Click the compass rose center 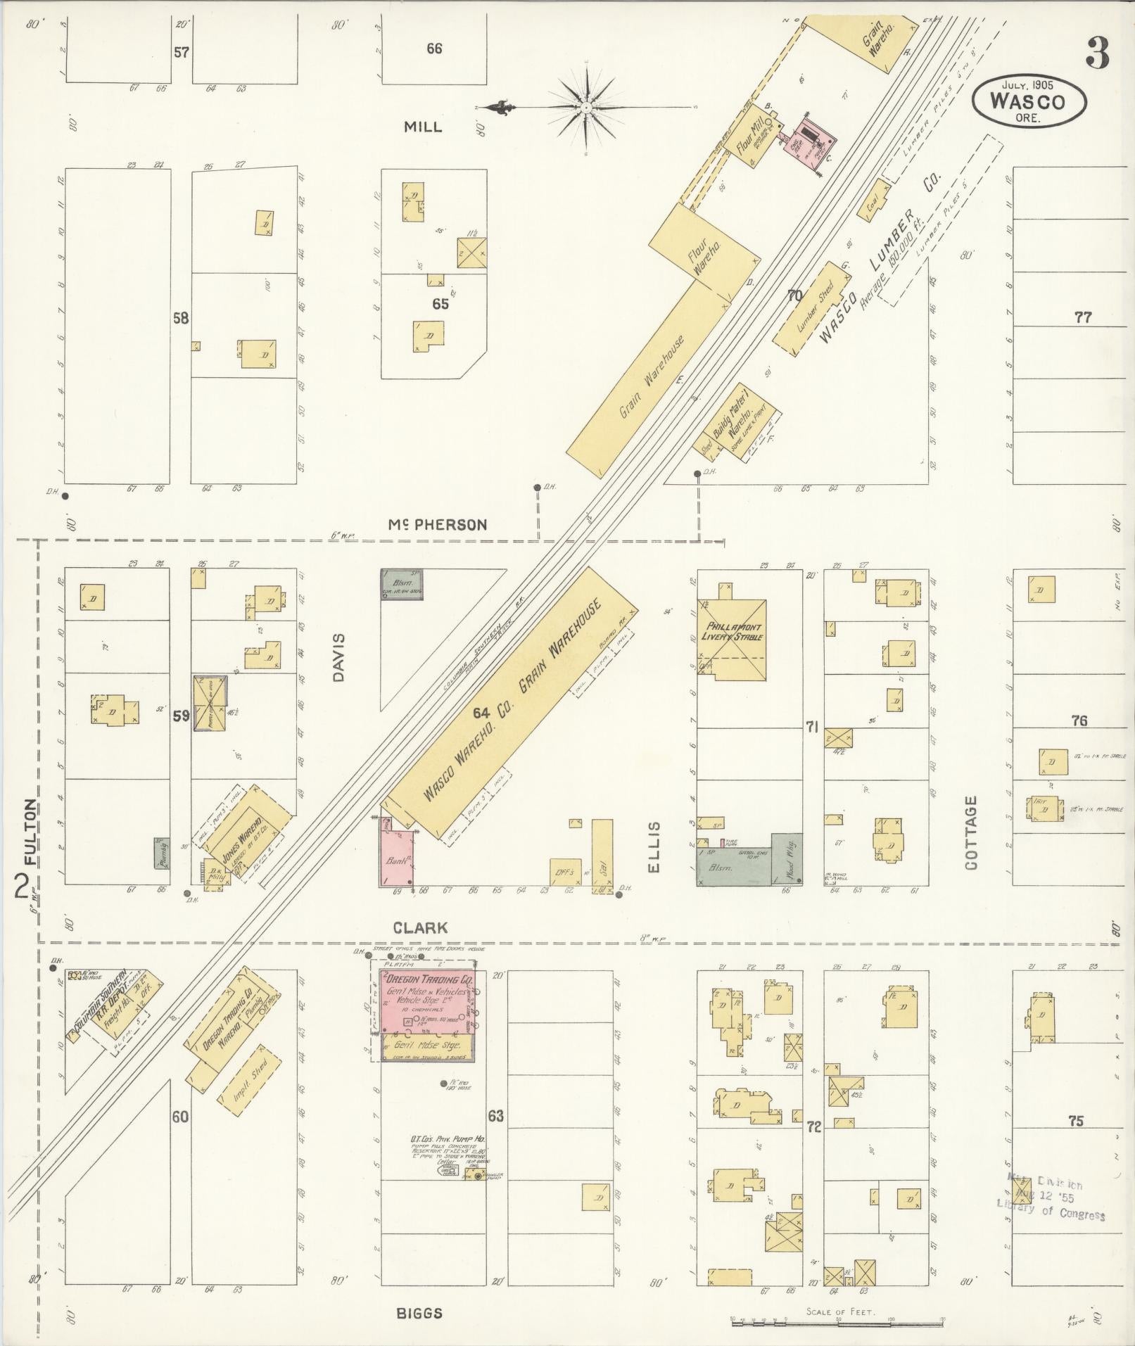point(585,108)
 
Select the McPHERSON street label point(437,525)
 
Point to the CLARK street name point(420,928)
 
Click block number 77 point(1082,317)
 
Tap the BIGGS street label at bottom point(419,1313)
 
